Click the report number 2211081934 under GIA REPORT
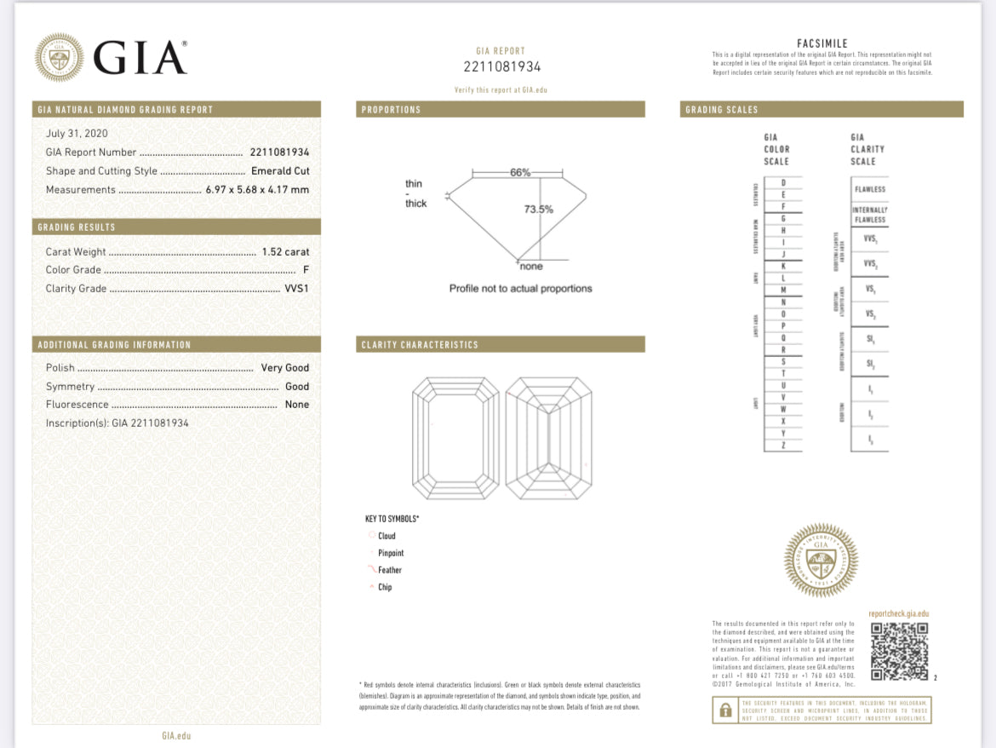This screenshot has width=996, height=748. point(501,67)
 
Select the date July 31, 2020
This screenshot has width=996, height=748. point(77,134)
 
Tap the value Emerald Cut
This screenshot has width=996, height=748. point(280,171)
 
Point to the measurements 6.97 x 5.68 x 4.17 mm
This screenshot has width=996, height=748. point(257,190)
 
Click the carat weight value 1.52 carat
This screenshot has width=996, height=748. point(285,252)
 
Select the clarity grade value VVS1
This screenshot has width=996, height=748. point(296,289)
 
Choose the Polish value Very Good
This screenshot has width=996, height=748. point(285,368)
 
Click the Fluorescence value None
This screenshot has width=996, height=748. point(297,405)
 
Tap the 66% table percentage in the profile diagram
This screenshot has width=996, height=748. point(520,172)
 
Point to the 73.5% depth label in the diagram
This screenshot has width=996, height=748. point(538,210)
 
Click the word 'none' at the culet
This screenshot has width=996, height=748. point(530,267)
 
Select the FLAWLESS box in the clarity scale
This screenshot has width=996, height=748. point(869,189)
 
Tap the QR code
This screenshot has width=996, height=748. point(900,652)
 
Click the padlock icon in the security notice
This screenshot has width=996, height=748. point(724,711)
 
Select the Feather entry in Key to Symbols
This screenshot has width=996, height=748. point(389,570)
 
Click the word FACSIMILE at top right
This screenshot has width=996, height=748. point(821,43)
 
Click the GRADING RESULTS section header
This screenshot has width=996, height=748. point(77,227)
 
